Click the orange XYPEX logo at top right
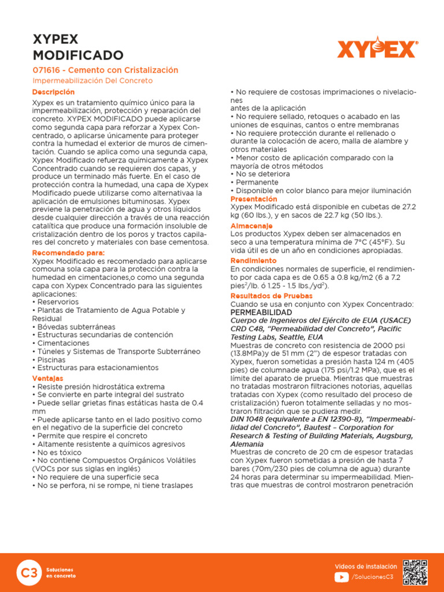pos(377,48)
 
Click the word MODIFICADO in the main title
pos(77,55)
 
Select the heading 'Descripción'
pos(53,92)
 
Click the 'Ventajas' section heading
pos(47,378)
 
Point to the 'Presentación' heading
pos(254,199)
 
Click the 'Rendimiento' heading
pos(253,261)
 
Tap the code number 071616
pos(47,70)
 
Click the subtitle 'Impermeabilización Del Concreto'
pos(92,81)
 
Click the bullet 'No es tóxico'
pos(60,453)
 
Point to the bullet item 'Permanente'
pos(254,182)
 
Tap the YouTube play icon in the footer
pos(341,576)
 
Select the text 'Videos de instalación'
pos(366,566)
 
